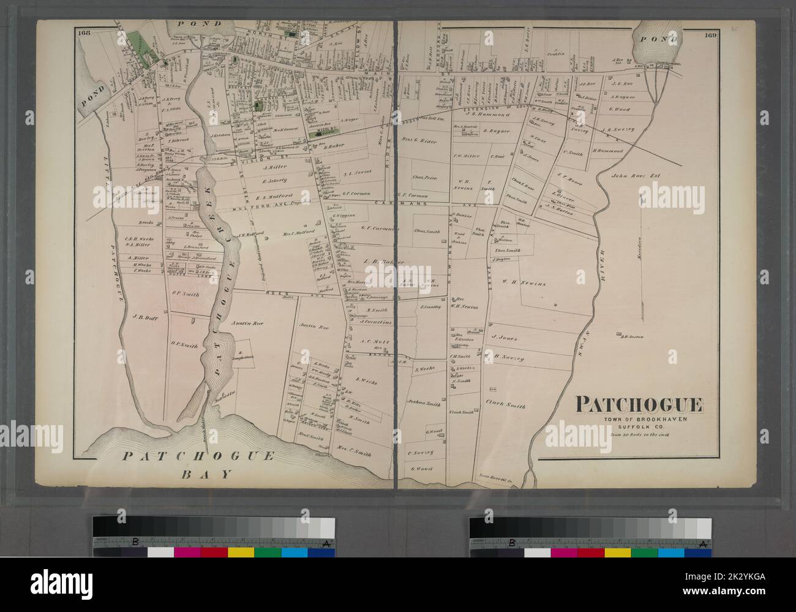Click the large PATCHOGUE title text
coord(638,406)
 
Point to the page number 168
coord(84,33)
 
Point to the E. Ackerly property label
coord(279,180)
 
